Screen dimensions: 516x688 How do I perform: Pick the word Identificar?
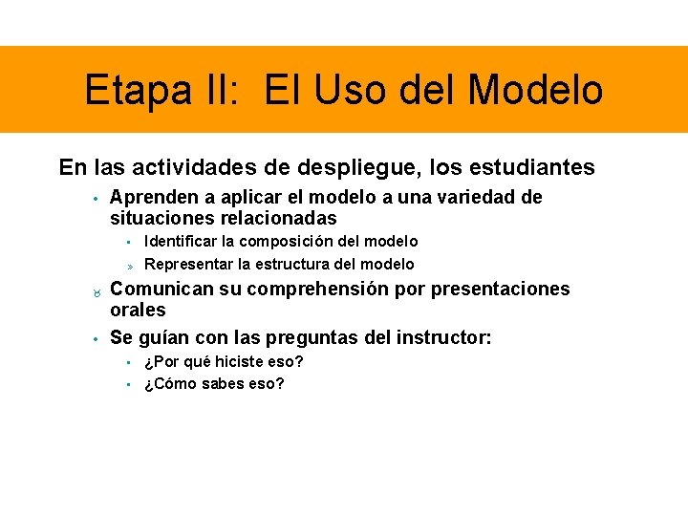[178, 242]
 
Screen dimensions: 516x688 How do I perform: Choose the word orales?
[139, 311]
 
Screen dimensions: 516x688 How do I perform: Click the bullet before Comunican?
[97, 291]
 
